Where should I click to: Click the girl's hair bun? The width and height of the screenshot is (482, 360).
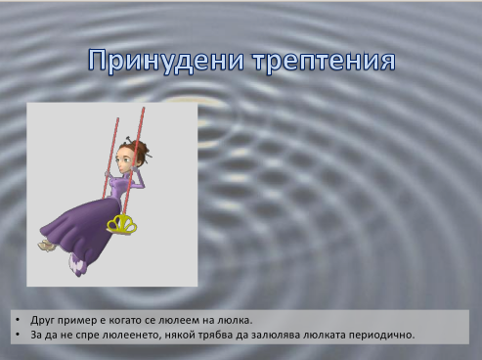[140, 149]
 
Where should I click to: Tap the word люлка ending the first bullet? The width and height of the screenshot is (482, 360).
[235, 321]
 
